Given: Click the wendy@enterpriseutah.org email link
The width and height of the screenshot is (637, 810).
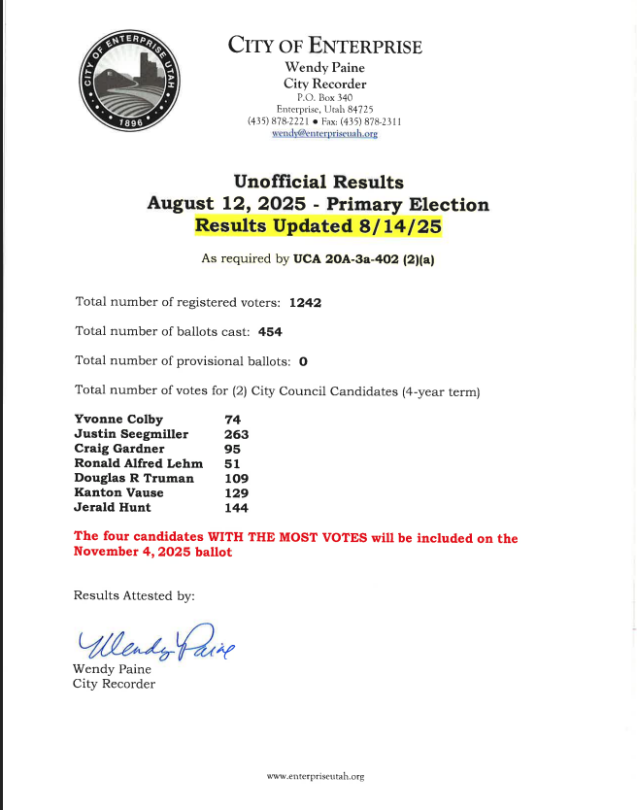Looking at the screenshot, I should pyautogui.click(x=324, y=134).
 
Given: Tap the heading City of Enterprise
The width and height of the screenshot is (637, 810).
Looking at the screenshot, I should pyautogui.click(x=324, y=47).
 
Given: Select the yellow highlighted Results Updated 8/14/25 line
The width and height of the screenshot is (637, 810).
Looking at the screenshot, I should pyautogui.click(x=318, y=226).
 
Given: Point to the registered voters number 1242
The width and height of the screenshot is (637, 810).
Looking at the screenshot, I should pyautogui.click(x=305, y=302).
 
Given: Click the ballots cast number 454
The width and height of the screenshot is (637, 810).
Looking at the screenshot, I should pyautogui.click(x=270, y=332).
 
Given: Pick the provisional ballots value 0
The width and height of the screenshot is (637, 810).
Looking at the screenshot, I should pyautogui.click(x=303, y=361).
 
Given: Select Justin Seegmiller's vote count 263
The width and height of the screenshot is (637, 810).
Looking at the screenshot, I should pyautogui.click(x=236, y=434).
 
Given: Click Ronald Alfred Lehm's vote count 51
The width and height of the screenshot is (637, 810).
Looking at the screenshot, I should pyautogui.click(x=232, y=463).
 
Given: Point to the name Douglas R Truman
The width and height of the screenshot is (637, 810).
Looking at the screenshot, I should pyautogui.click(x=134, y=478).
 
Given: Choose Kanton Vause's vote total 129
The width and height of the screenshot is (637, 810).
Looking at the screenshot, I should pyautogui.click(x=236, y=492).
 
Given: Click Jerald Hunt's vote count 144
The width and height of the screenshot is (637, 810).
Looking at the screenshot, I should pyautogui.click(x=236, y=507).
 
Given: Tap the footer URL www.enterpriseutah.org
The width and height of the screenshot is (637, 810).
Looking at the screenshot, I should pyautogui.click(x=316, y=776).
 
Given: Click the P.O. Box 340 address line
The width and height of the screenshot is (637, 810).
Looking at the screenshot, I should pyautogui.click(x=324, y=97).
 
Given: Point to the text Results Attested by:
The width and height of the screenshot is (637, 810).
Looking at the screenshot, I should pyautogui.click(x=134, y=595).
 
